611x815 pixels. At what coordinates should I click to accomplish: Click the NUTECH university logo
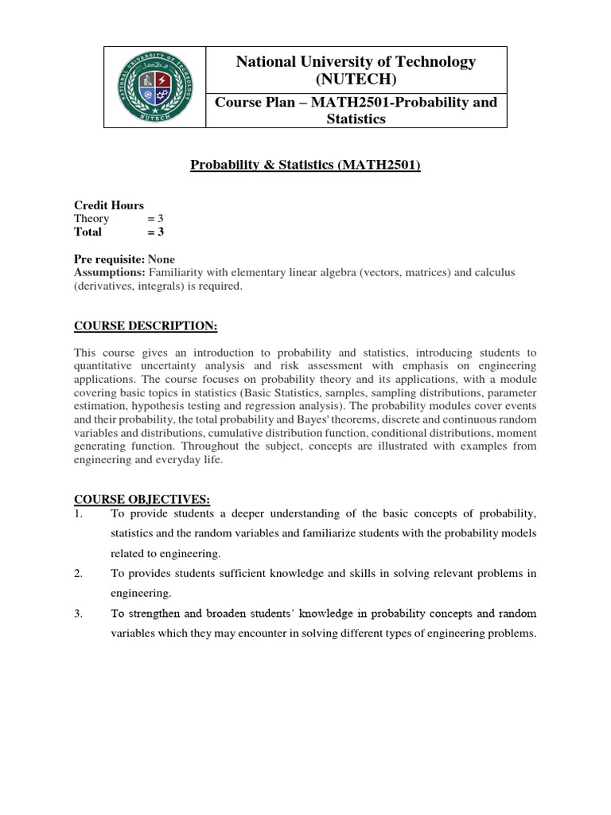(x=155, y=87)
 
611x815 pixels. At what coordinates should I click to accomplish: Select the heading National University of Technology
(x=356, y=62)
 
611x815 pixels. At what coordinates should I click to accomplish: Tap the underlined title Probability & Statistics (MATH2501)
(x=305, y=166)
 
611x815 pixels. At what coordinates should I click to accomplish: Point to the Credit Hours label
(x=109, y=205)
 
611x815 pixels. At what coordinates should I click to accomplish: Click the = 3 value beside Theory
(x=155, y=219)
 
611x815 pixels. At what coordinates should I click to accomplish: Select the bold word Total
(x=88, y=232)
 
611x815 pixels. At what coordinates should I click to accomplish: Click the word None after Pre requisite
(x=162, y=259)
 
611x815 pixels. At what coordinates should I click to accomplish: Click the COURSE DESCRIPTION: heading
(x=145, y=326)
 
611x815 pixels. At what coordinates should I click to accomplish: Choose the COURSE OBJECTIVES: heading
(x=142, y=499)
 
